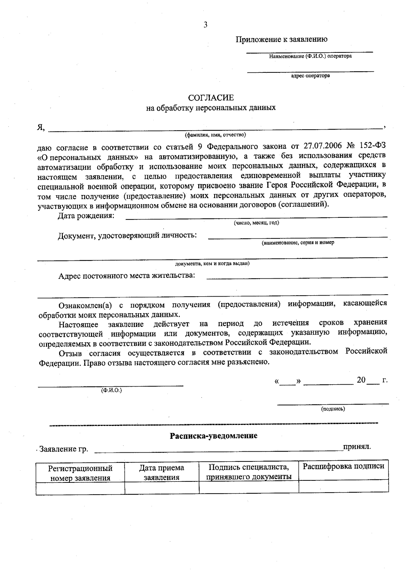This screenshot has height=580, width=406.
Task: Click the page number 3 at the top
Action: [x=205, y=25]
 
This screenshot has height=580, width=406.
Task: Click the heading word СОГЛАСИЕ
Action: [x=211, y=98]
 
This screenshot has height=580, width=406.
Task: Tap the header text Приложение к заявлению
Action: [x=281, y=39]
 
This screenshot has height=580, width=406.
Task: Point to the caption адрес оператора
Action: [x=310, y=76]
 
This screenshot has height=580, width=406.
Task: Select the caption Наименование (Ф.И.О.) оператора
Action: [x=310, y=56]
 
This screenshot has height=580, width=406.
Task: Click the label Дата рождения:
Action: [x=86, y=216]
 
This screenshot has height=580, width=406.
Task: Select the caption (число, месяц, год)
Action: [x=256, y=223]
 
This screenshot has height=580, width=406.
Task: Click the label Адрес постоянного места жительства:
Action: [x=127, y=275]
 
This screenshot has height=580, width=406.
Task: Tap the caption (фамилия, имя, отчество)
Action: [x=215, y=135]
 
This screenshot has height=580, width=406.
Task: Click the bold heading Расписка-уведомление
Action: [x=213, y=435]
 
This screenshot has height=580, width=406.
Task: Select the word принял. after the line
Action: [x=357, y=447]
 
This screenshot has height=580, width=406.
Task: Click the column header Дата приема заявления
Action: [x=161, y=472]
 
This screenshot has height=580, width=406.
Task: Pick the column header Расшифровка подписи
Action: [x=343, y=466]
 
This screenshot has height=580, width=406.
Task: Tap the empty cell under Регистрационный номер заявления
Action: [x=80, y=488]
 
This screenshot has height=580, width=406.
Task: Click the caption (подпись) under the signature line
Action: [x=333, y=409]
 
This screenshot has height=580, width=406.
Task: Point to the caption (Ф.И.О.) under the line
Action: [x=111, y=390]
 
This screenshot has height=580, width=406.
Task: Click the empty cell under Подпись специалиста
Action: [x=249, y=487]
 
